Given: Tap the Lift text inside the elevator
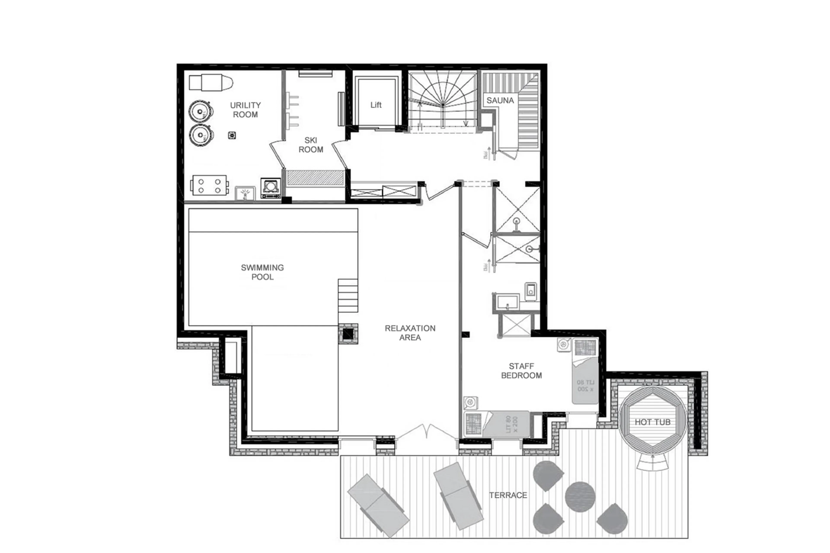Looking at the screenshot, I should pyautogui.click(x=376, y=105).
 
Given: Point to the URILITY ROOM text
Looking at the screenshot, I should pyautogui.click(x=245, y=110).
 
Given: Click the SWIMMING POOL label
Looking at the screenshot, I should pyautogui.click(x=262, y=272).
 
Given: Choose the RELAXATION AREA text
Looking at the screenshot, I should pyautogui.click(x=410, y=333).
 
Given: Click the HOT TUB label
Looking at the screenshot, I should pyautogui.click(x=652, y=422).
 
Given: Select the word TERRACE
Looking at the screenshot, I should pyautogui.click(x=508, y=495).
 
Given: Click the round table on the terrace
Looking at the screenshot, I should pyautogui.click(x=580, y=497).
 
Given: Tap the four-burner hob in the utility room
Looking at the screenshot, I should pyautogui.click(x=209, y=186).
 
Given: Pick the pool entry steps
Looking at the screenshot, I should pyautogui.click(x=348, y=296).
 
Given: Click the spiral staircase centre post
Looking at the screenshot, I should pyautogui.click(x=443, y=105).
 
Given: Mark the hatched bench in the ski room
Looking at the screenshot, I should pyautogui.click(x=315, y=178).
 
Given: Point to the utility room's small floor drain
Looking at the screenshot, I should pyautogui.click(x=232, y=135).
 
